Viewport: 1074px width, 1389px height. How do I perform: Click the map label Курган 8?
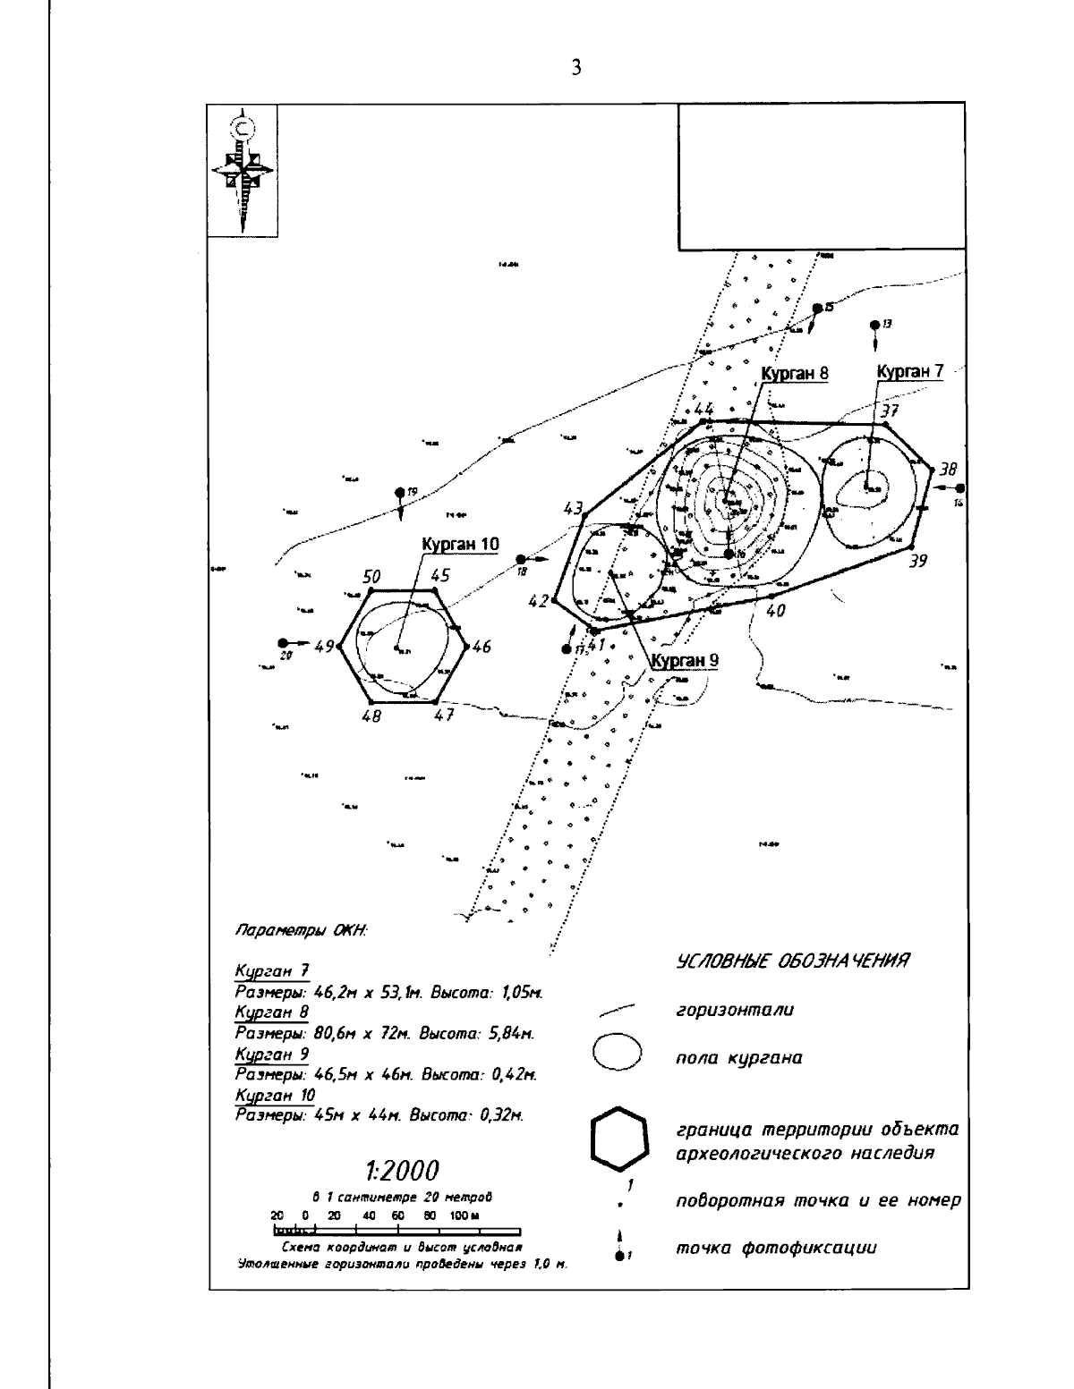(794, 374)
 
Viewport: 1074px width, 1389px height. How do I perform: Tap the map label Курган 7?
(909, 371)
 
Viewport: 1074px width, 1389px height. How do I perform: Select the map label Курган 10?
(460, 544)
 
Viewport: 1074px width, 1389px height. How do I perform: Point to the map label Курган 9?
(685, 661)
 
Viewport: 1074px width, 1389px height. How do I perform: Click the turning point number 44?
(704, 410)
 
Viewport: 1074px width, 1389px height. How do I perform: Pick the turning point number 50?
(372, 577)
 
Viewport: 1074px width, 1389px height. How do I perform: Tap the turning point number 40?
(775, 611)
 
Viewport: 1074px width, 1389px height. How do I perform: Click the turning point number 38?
(948, 468)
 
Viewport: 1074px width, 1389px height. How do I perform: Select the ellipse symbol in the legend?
(618, 1053)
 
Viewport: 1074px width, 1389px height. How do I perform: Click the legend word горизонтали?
(735, 1011)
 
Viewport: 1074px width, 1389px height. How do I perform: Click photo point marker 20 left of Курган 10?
(283, 642)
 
